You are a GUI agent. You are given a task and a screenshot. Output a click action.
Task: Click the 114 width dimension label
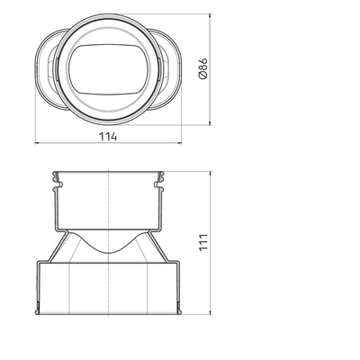[x=108, y=137]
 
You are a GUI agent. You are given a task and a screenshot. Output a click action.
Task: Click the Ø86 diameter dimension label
[x=203, y=68]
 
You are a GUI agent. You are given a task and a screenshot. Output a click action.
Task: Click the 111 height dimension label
[x=203, y=242]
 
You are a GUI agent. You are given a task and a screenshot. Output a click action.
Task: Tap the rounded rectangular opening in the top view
[x=109, y=69]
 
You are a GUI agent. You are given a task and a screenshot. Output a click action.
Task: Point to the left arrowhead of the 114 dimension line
[x=37, y=143]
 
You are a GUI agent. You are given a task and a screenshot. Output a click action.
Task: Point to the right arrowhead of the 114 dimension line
[x=179, y=143]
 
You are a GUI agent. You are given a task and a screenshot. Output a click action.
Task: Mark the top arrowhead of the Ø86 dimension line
[x=210, y=16]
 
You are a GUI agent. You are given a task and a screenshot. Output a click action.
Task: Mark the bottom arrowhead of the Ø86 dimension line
[x=210, y=122]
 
